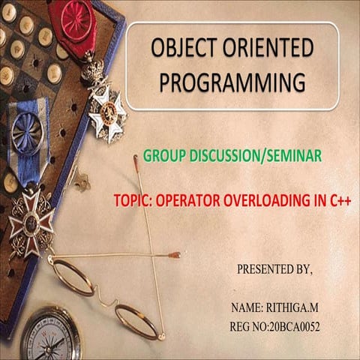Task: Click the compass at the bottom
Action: tap(50, 335)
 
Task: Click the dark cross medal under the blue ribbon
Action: tap(31, 221)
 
